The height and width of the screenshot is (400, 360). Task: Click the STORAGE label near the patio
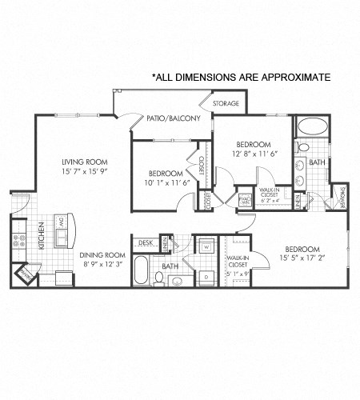tap(226, 104)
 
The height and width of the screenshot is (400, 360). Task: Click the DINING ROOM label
tap(103, 255)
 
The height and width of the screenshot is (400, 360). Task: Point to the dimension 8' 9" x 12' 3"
tap(103, 265)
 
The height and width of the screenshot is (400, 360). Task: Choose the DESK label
tap(145, 242)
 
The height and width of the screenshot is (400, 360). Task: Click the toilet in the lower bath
tap(159, 278)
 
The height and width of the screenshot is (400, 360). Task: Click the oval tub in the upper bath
tap(311, 127)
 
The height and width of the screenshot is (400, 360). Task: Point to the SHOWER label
tap(342, 197)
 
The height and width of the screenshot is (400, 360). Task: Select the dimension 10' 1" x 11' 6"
tap(166, 183)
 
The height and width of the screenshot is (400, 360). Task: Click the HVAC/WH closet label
tap(243, 201)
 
